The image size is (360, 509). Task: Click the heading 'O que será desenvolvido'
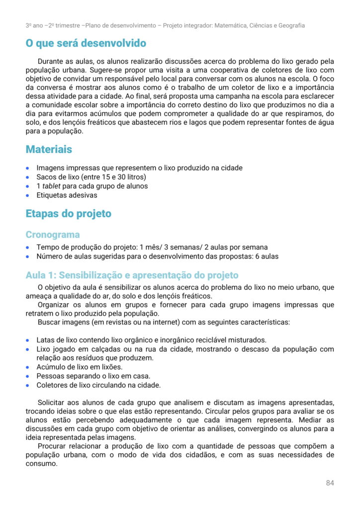click(x=86, y=43)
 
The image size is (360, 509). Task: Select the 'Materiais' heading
click(x=49, y=149)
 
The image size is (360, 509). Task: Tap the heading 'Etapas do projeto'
click(x=68, y=214)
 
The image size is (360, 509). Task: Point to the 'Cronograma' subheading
click(x=52, y=235)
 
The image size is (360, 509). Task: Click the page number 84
click(x=330, y=483)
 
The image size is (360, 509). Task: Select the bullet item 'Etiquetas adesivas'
click(x=67, y=195)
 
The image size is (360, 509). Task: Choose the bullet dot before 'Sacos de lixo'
click(x=28, y=177)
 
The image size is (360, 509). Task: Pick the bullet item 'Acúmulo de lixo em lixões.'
click(x=79, y=367)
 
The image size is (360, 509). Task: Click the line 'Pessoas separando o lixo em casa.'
click(x=93, y=376)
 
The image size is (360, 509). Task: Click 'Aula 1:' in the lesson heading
click(x=41, y=275)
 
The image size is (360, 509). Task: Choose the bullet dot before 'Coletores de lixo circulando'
click(x=28, y=385)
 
